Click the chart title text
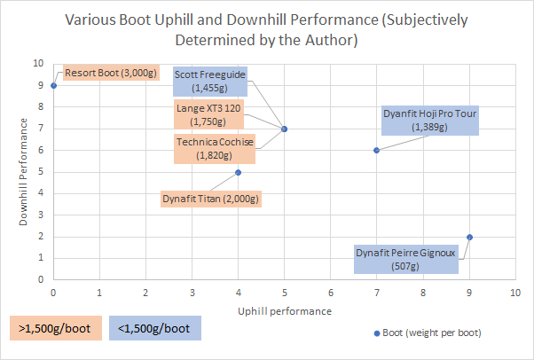(266, 29)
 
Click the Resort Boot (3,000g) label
(106, 74)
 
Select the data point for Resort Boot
(53, 86)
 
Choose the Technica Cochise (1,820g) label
(214, 149)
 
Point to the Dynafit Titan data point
(238, 172)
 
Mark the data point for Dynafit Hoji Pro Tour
(377, 151)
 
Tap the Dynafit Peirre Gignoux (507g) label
(405, 258)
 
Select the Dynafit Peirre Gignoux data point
(469, 237)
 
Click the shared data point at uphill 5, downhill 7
(284, 129)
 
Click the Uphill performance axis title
(284, 311)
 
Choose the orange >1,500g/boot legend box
(56, 327)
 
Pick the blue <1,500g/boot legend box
(156, 327)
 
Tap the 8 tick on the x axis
(423, 292)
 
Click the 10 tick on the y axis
(37, 64)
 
